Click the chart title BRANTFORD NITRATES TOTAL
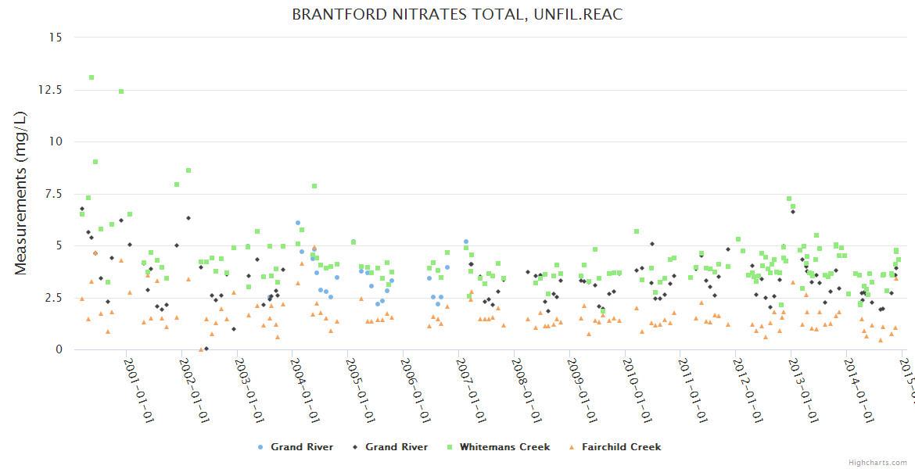click(457, 15)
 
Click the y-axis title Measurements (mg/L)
click(21, 194)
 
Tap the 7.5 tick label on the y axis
click(53, 194)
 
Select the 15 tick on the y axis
click(56, 38)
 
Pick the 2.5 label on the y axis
click(53, 298)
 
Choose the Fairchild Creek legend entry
click(620, 447)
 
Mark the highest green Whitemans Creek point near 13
click(91, 77)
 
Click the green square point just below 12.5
click(121, 91)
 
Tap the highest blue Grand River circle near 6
click(298, 223)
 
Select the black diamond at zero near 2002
click(206, 349)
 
